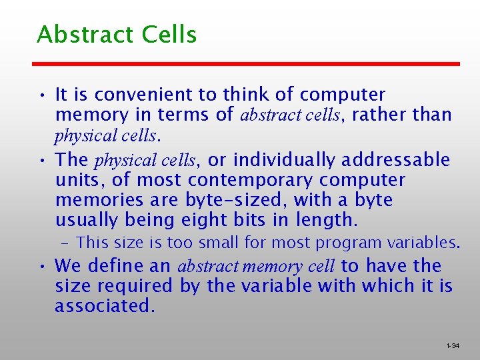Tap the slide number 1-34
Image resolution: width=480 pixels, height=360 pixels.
(452, 346)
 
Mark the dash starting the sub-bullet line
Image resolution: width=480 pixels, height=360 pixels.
(69, 243)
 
